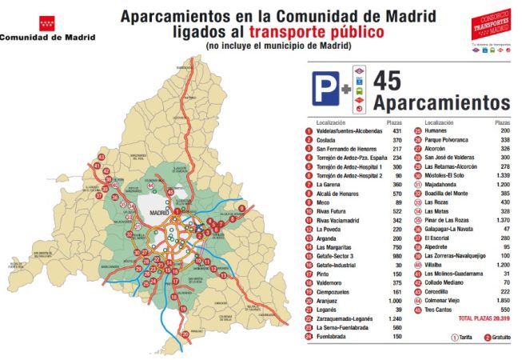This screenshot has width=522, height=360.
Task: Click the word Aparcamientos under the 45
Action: click(441, 103)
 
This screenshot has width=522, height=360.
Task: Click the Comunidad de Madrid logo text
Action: click(47, 37)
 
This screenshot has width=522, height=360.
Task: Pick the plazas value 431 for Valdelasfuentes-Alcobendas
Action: click(393, 130)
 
